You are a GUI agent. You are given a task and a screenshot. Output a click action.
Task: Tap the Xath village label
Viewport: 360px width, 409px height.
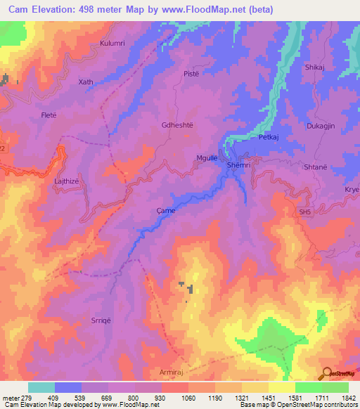point(86,82)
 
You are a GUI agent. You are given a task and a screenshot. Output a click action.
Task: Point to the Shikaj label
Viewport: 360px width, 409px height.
point(314,67)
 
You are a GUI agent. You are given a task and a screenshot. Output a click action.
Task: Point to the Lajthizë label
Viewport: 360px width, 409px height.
point(70,181)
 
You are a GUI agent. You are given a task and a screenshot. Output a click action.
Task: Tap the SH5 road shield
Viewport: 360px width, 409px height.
point(304,212)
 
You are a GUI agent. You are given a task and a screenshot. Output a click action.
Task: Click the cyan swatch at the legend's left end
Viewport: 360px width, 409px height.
point(41,387)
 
